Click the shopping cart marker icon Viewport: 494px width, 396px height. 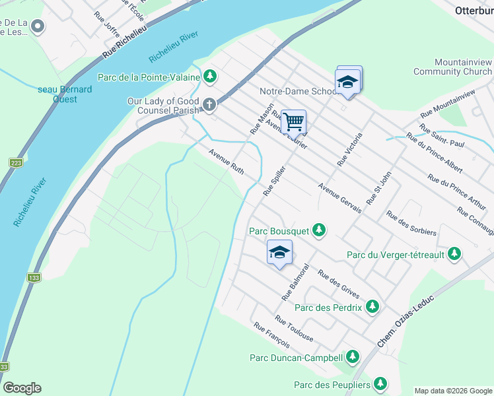[293, 121]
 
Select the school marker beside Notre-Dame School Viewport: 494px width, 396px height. [347, 82]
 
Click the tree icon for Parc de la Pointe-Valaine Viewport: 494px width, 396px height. [210, 77]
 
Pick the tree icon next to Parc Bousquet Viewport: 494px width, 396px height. [319, 230]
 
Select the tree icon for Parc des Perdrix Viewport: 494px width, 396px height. [372, 307]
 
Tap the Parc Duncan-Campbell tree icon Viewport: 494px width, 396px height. [353, 358]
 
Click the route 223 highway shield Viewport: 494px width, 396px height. [15, 162]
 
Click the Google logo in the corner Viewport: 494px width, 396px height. [22, 388]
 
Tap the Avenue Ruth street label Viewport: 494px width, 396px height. [227, 162]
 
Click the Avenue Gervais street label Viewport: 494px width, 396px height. [339, 197]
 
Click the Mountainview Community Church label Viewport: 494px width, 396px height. [452, 66]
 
